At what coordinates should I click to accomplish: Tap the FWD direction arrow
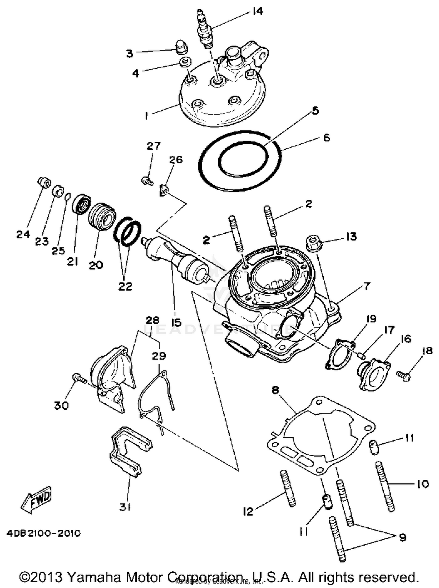[37, 498]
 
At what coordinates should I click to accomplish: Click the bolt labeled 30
[78, 378]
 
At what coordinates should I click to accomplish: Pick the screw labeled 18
[404, 376]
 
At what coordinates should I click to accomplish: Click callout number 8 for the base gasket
[275, 390]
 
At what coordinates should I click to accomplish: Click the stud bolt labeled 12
[288, 488]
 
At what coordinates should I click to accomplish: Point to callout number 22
[125, 286]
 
